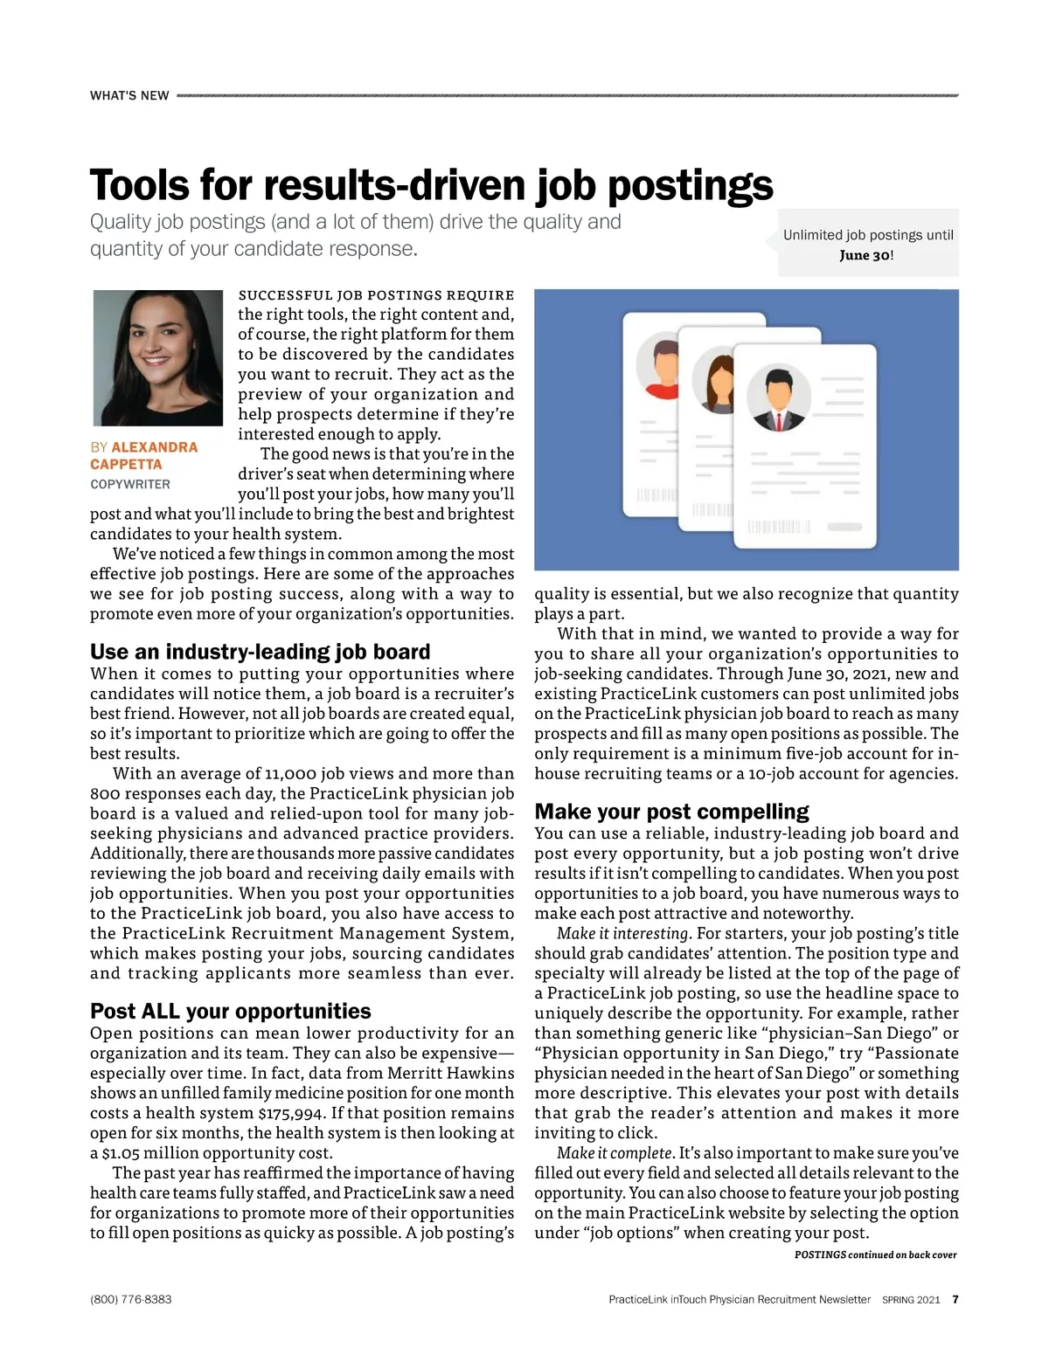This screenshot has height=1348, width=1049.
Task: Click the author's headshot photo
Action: [158, 357]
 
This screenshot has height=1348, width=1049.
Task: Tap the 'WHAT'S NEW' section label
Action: [129, 95]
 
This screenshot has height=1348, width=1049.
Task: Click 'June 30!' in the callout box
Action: [866, 255]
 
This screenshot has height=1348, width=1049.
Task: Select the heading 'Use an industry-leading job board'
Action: [261, 652]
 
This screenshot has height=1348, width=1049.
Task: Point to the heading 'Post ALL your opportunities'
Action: [231, 1011]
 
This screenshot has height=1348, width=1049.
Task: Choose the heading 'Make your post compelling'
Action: [671, 812]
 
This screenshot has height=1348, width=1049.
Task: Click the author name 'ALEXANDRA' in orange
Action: [155, 447]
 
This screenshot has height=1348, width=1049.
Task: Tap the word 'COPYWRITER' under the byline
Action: [130, 484]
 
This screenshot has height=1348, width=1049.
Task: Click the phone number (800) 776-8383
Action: [131, 1299]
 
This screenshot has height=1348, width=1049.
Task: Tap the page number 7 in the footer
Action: [955, 1299]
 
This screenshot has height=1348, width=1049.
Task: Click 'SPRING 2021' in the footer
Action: [911, 1299]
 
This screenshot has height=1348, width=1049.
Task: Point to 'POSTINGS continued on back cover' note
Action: [875, 1255]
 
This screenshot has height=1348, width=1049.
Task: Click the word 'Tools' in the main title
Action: [140, 185]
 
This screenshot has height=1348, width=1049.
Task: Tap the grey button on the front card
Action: [844, 527]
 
